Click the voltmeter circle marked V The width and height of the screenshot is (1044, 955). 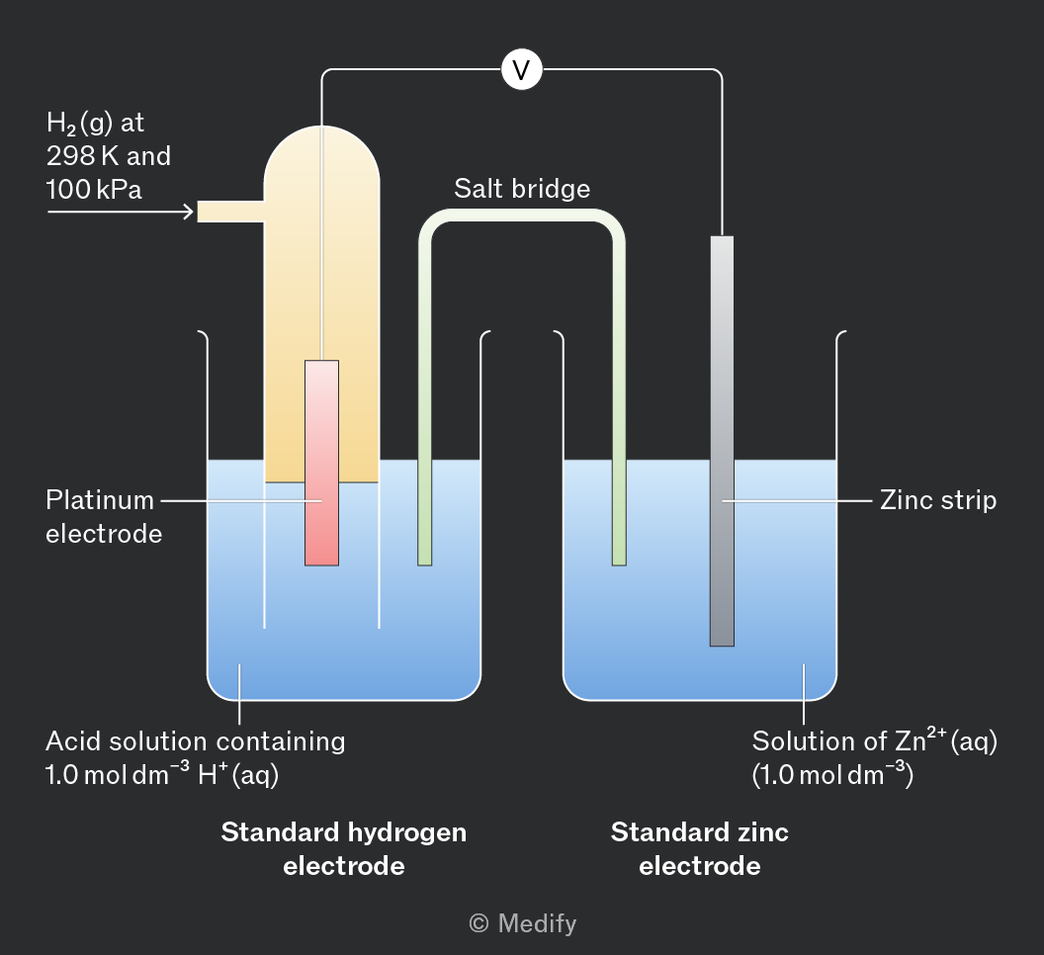(x=522, y=69)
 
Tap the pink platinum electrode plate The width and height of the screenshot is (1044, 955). (x=321, y=463)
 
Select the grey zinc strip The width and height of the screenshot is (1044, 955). (x=722, y=441)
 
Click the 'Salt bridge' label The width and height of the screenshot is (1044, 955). (x=522, y=189)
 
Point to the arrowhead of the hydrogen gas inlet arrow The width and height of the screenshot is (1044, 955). (x=189, y=212)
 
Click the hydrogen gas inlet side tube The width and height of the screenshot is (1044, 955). (x=231, y=212)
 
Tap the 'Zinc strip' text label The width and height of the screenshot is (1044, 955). (x=938, y=500)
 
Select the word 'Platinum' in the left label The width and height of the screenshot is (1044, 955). (x=100, y=500)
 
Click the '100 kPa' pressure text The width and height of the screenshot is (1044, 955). (x=94, y=190)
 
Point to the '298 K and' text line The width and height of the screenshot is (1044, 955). (x=109, y=156)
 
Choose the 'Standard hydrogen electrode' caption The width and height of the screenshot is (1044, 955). (x=344, y=849)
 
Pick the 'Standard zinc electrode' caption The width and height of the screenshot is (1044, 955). (x=700, y=849)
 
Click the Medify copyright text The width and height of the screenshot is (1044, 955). (x=523, y=923)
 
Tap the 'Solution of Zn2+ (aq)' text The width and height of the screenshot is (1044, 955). (x=874, y=739)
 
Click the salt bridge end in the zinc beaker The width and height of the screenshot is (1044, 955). (x=619, y=559)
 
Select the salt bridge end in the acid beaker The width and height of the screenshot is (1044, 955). (x=425, y=559)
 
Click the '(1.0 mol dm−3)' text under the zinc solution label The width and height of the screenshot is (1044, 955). (x=832, y=774)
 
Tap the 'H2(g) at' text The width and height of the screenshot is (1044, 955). (x=95, y=124)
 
